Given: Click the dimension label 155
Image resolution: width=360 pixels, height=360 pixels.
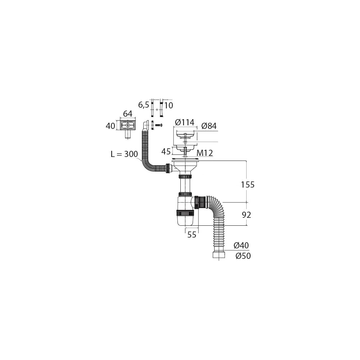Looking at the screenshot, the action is pos(248,185).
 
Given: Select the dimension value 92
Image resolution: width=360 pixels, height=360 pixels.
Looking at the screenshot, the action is pos(247,215).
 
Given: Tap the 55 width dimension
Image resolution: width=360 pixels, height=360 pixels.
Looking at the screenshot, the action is pos(192,235).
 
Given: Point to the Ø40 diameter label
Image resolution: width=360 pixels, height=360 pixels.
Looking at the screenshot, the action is pos(241,246).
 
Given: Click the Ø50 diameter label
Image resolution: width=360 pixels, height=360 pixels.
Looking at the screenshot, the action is pos(243,256).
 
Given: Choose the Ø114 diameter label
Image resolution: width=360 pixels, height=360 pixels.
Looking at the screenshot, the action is pos(185,122).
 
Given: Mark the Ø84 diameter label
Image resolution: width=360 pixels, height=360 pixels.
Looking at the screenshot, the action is pos(209,126).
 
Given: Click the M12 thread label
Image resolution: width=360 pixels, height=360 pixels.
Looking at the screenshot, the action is pos(205,153).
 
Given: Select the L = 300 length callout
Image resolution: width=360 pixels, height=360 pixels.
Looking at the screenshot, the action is pos(124,154).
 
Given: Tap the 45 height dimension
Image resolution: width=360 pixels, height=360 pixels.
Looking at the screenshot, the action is pos(166,152).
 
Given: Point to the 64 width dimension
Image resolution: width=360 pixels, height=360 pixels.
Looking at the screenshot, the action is pos(128,114).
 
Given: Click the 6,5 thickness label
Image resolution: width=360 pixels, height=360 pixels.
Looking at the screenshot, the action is pos(144,105).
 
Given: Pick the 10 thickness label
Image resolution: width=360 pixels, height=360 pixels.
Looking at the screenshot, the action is pos(169,105).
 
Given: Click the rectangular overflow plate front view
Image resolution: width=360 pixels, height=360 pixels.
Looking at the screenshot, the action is pos(128,126).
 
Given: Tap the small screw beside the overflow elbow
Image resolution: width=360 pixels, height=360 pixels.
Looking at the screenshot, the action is pos(159,125).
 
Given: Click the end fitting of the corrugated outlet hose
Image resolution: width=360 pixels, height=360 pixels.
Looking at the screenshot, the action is pos(219,256).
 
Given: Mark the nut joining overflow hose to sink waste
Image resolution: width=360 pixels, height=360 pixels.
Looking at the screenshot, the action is pos(168,168).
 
